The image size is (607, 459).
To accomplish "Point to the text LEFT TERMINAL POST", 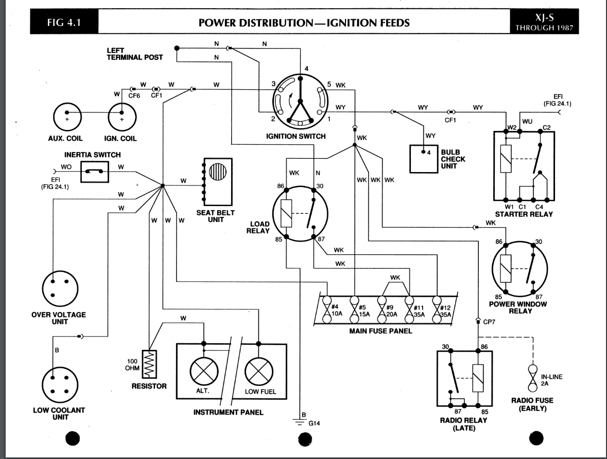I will [134, 54].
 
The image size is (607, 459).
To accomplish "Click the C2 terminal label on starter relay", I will [547, 127].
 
